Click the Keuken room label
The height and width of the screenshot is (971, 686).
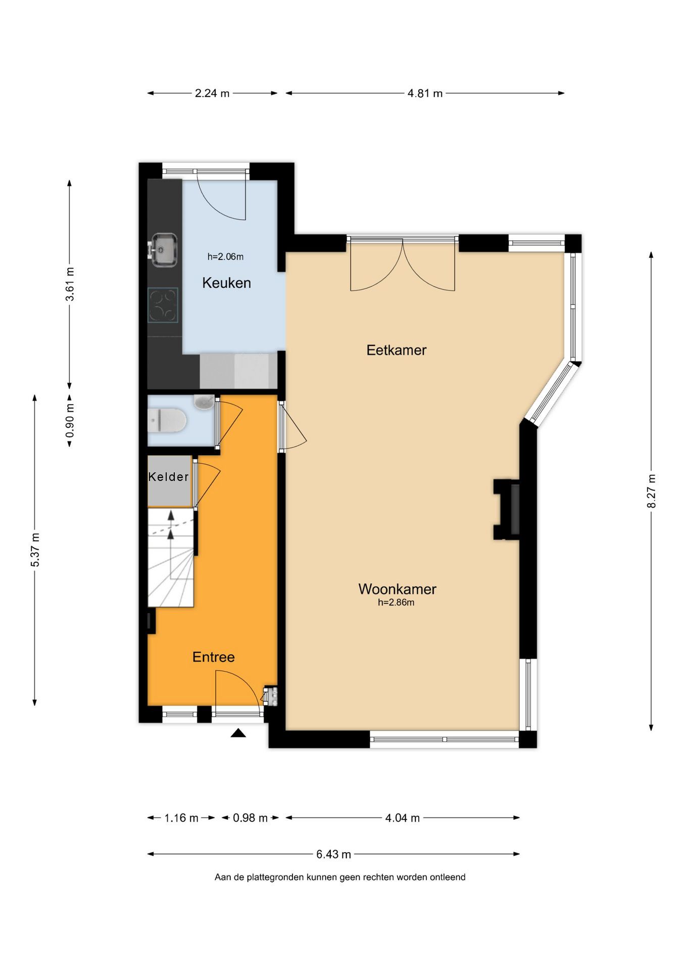coord(226,283)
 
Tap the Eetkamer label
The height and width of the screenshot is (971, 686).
coord(397,350)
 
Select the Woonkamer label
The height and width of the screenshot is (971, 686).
coord(397,589)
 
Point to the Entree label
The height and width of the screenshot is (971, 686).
coord(214,657)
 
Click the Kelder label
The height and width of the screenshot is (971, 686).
coord(169,476)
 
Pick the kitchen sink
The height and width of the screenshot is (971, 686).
coord(163,249)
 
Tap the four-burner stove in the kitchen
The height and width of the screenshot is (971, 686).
coord(163,305)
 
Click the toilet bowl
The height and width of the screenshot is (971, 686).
coord(167,421)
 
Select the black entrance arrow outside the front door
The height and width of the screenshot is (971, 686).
coord(238,733)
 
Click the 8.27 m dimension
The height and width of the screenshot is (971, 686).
coord(651,491)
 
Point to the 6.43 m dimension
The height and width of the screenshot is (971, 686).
coord(333,854)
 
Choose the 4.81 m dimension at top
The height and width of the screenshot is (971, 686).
coord(425,93)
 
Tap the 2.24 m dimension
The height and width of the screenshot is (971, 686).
coord(212,93)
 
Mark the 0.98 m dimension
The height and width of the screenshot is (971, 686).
coord(250,818)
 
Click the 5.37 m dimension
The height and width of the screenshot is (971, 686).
coord(35,550)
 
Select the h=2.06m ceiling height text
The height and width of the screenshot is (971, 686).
coord(225,256)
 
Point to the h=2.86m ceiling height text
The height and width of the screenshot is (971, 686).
coord(396,602)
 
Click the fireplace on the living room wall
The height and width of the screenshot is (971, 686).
coord(507,509)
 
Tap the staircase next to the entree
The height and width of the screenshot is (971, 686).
coord(171,558)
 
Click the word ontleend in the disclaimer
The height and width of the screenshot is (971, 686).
coord(448,877)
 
